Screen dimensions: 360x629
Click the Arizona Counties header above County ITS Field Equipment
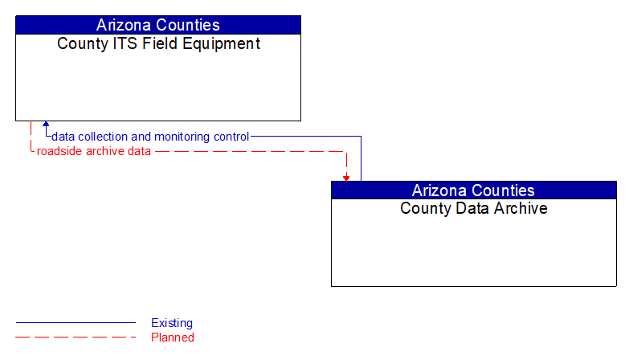tap(157, 25)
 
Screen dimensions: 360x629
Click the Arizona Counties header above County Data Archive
tap(473, 190)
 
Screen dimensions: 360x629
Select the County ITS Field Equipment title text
tap(158, 44)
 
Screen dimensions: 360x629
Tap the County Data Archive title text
tap(473, 209)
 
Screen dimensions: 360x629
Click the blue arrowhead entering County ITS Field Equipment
tap(46, 125)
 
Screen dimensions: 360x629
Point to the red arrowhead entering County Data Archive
tap(346, 178)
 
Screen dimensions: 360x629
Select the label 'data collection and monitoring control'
tap(150, 137)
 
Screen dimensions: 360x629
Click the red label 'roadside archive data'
tap(93, 151)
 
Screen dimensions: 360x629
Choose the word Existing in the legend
tap(172, 323)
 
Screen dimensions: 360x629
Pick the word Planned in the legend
tap(173, 337)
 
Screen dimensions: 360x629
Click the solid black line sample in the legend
tap(76, 323)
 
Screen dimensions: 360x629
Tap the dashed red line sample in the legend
tap(76, 337)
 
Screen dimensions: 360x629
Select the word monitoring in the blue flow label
tap(182, 137)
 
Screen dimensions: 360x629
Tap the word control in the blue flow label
tap(231, 137)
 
